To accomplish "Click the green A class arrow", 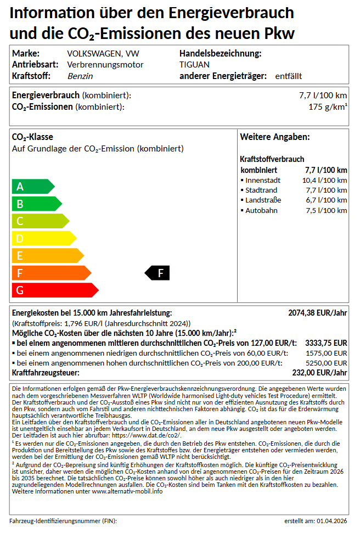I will (32, 187).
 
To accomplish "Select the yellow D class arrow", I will (43, 238).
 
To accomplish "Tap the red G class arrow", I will (54, 290).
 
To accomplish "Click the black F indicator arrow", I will (157, 273).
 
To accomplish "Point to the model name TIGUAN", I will (194, 65).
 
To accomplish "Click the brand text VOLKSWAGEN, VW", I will (103, 54).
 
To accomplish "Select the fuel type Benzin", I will (80, 76).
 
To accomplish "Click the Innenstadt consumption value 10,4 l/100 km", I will (324, 180).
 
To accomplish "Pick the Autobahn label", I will (261, 211).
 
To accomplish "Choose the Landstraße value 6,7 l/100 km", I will (326, 200).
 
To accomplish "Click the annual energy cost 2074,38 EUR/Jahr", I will (317, 313).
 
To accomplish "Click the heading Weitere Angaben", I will (275, 137).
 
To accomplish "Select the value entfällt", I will (289, 76).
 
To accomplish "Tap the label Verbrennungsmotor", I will (105, 65).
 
